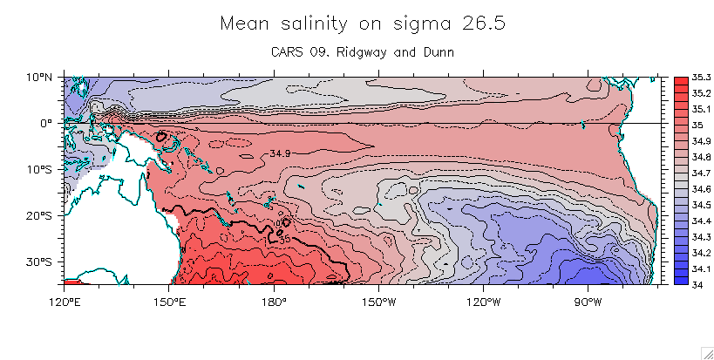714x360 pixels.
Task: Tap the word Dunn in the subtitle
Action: coord(439,53)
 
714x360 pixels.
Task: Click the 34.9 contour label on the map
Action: coord(280,153)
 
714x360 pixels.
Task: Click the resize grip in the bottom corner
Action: coord(707,352)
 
